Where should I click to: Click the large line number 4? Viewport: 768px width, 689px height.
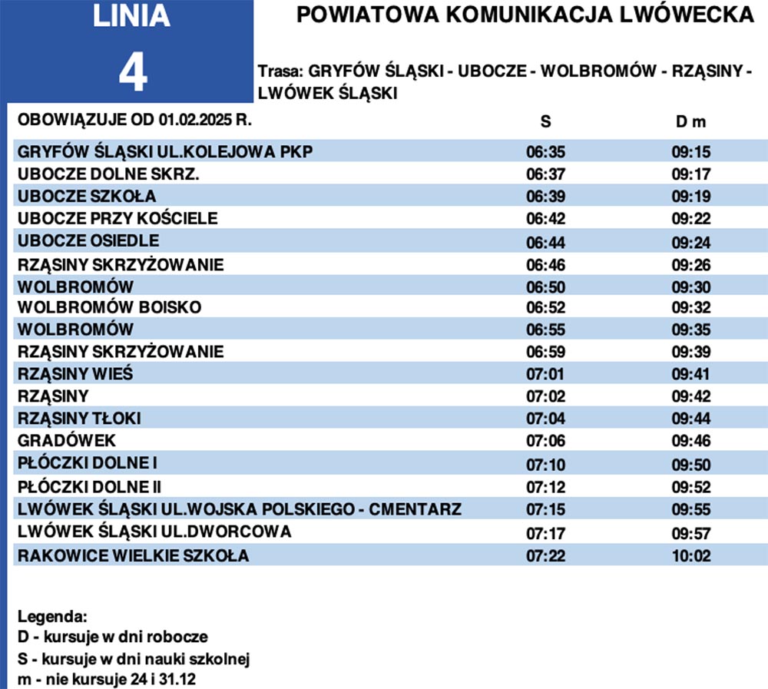coord(132,73)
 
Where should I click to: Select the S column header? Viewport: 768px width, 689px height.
coord(546,122)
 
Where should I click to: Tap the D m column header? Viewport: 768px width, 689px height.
coord(691,122)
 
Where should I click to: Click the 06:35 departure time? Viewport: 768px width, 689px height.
coord(546,151)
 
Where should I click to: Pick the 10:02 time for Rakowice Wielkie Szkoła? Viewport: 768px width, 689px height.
coord(692,555)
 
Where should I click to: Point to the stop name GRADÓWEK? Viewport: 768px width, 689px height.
coord(66,441)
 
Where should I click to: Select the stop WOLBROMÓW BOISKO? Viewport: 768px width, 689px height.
coord(109,307)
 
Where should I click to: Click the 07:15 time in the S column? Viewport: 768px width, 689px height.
coord(546,510)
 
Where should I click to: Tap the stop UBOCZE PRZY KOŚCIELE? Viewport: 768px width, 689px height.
coord(118,218)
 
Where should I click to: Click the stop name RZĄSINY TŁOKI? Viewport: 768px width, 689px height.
coord(79,419)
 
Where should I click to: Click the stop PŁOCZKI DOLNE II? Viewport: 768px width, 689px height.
coord(89,486)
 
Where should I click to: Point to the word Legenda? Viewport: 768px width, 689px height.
coord(53,617)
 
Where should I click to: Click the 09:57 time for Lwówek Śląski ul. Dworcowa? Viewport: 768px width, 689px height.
coord(692,533)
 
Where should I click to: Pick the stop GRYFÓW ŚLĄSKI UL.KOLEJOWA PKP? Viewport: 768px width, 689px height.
coord(165,151)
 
